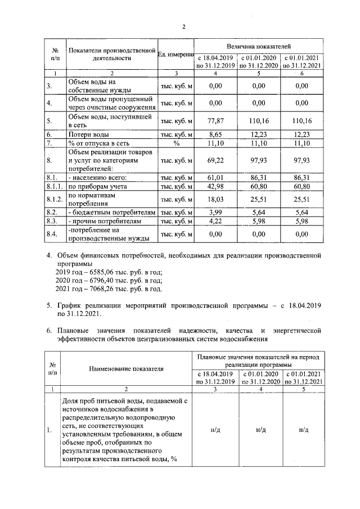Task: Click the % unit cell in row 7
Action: tap(176, 143)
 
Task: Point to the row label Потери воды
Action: tap(88, 135)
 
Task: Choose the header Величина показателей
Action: tap(259, 45)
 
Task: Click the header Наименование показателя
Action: tap(126, 368)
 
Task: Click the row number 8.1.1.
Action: tap(55, 186)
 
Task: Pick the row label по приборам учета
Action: tap(97, 186)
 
